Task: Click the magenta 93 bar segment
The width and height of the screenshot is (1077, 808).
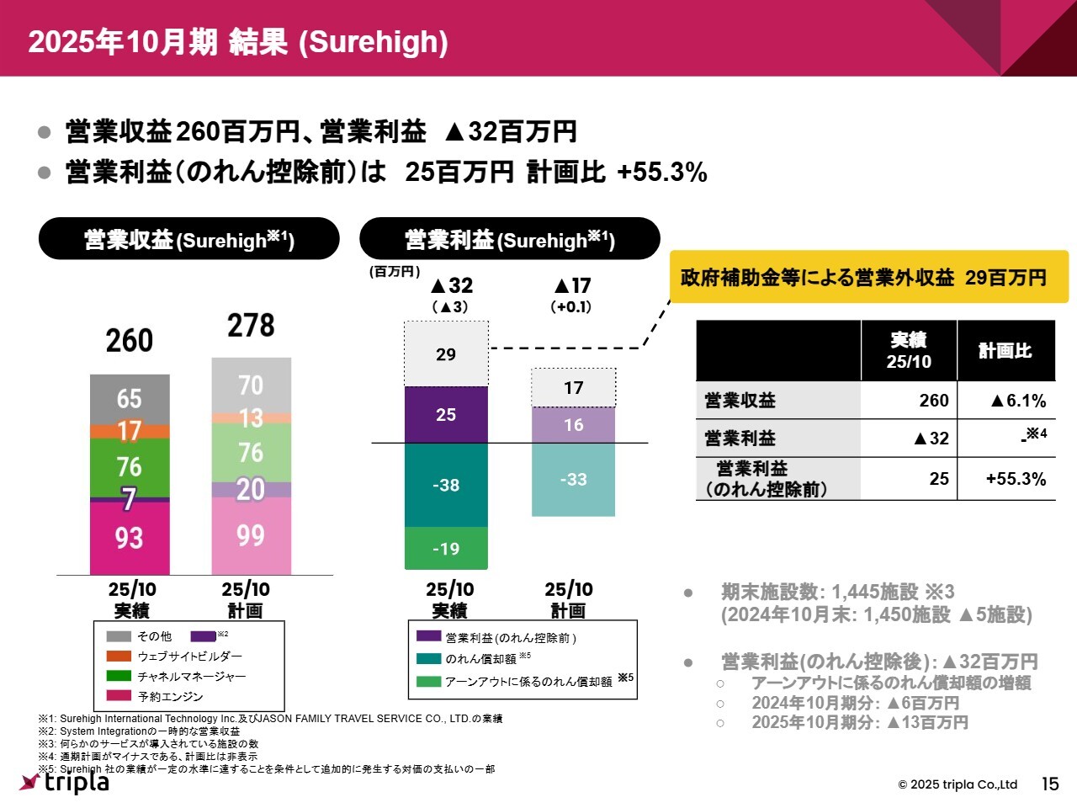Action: click(x=130, y=539)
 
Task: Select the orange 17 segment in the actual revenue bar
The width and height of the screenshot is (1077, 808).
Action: click(x=130, y=431)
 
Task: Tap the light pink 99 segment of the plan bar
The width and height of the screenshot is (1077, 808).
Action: click(x=251, y=536)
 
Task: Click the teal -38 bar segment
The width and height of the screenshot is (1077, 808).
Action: click(x=446, y=486)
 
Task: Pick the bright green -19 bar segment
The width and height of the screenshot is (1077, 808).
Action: click(x=446, y=549)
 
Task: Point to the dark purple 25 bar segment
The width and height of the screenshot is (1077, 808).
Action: click(x=446, y=415)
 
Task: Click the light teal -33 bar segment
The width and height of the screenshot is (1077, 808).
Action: click(x=573, y=480)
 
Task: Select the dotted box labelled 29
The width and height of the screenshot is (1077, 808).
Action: click(x=446, y=354)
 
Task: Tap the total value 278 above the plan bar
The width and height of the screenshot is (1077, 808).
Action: click(x=251, y=326)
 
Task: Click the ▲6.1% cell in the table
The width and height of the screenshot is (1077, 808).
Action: click(x=1006, y=401)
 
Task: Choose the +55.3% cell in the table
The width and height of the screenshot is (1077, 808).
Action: click(x=1006, y=479)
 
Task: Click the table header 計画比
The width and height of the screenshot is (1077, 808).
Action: click(x=1005, y=351)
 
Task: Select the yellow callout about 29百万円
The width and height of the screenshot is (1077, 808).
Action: click(x=868, y=277)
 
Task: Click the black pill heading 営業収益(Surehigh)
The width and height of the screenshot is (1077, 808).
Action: click(x=189, y=239)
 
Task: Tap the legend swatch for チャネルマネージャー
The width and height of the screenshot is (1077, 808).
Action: click(x=119, y=676)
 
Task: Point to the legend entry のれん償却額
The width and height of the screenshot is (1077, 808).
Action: click(x=480, y=659)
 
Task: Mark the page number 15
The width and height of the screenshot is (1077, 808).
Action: click(x=1050, y=784)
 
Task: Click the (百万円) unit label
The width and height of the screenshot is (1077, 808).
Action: click(x=394, y=272)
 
